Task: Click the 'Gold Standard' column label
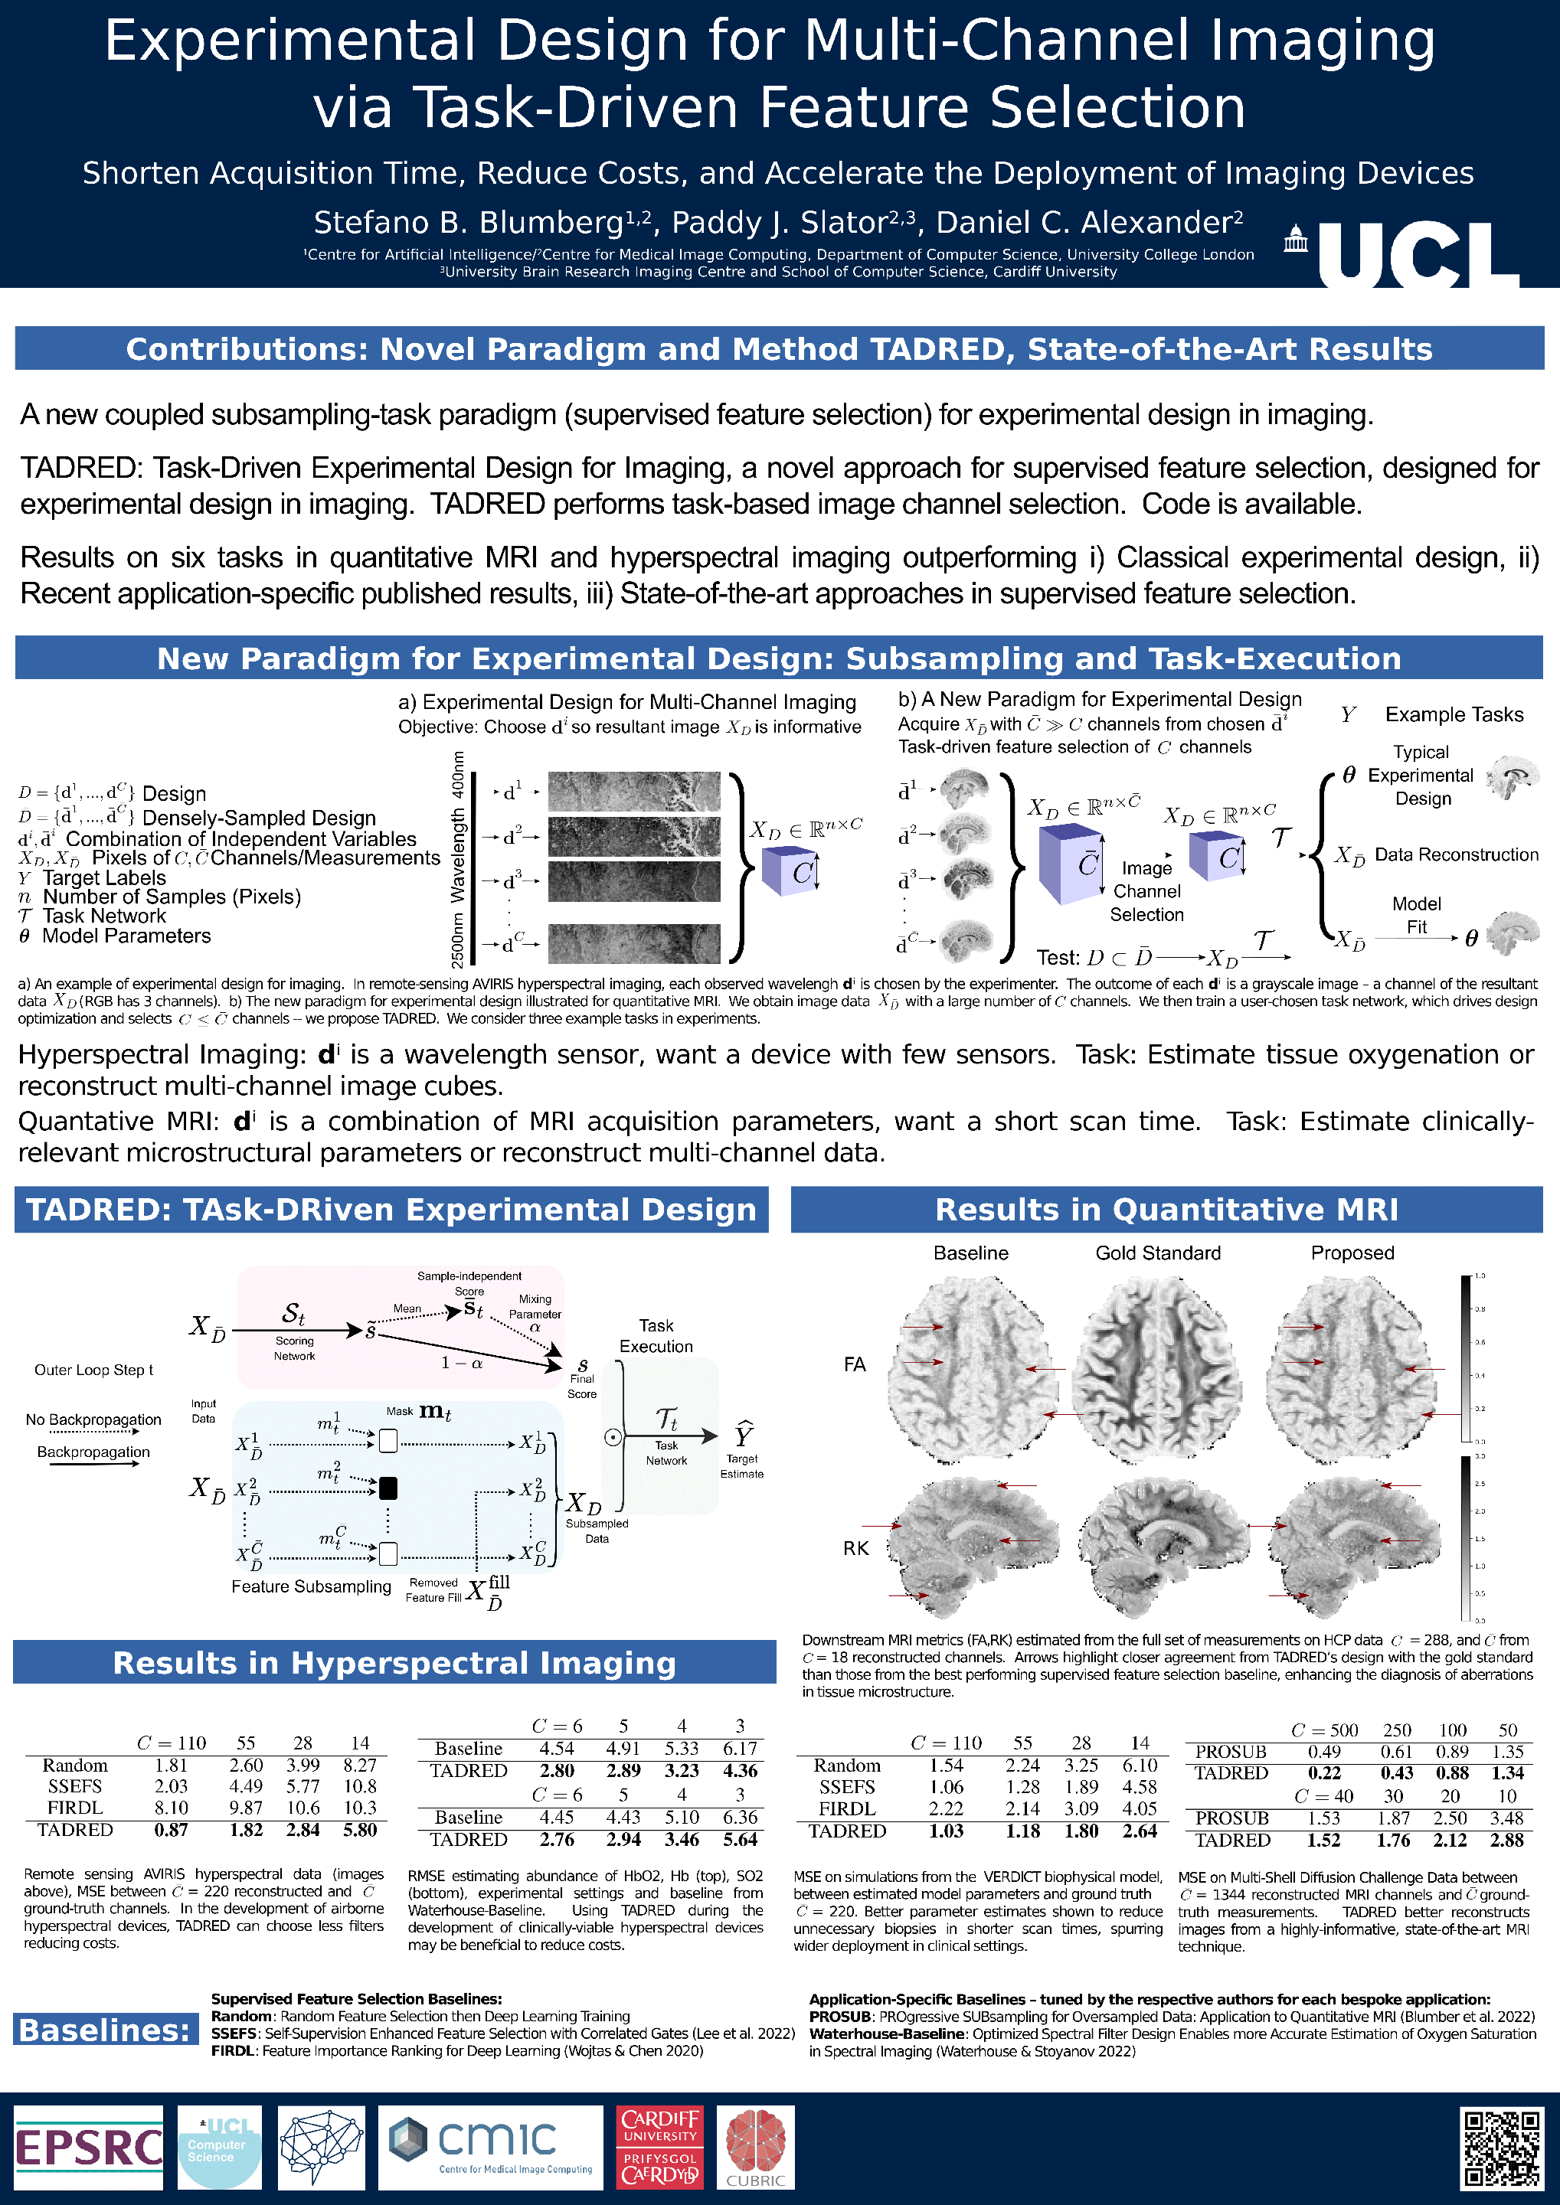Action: pos(1157,1253)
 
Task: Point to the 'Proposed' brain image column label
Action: pos(1352,1253)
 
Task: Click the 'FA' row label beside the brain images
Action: pos(854,1364)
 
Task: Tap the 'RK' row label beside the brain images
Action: pos(855,1548)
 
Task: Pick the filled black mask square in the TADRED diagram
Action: pos(388,1488)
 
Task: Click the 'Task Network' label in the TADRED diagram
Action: pos(666,1452)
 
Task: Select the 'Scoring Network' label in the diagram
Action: pos(294,1348)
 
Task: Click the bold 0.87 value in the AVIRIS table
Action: pos(171,1830)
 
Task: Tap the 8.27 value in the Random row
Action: pos(359,1766)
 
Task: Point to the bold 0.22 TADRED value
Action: pos(1323,1773)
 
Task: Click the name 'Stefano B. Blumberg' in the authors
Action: pos(469,223)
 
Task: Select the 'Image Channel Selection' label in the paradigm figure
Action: pos(1146,891)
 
